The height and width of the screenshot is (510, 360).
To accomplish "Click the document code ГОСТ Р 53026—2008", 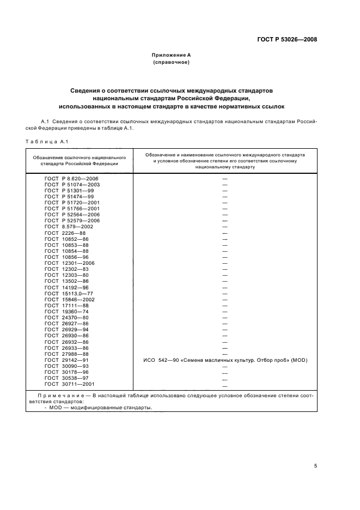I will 287,39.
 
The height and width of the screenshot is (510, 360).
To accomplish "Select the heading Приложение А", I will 170,55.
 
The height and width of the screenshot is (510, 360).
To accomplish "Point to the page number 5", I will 315,466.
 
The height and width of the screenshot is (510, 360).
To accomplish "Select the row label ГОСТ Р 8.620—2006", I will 71,179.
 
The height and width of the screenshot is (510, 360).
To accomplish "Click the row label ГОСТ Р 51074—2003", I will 71,185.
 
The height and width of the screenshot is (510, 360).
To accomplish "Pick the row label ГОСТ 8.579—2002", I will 70,227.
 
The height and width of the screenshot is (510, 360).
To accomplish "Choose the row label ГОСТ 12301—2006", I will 70,263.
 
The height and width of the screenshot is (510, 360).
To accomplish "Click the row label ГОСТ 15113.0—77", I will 69,293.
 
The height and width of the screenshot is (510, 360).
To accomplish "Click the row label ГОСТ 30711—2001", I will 70,384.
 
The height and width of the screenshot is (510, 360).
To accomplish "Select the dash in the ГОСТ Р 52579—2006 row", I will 224,221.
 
